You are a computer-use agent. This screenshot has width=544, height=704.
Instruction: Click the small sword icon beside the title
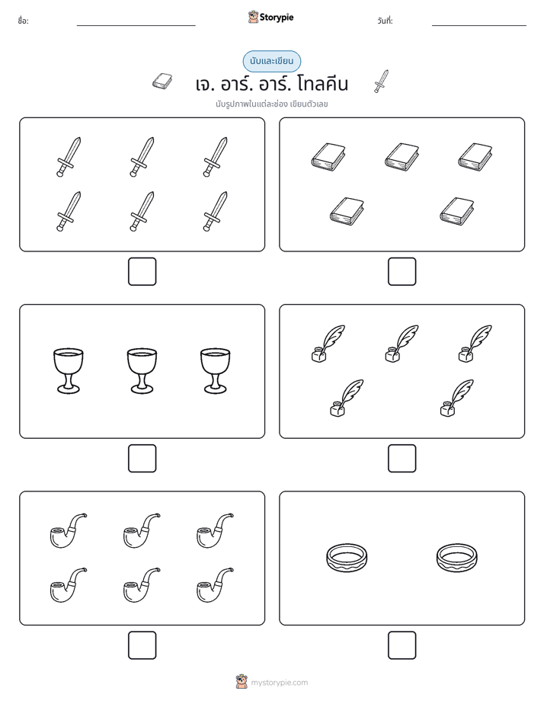[381, 82]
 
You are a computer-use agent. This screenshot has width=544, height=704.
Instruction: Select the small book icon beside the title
[162, 82]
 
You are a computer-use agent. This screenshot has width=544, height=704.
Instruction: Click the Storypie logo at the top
[270, 17]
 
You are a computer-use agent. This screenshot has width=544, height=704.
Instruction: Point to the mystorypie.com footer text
[279, 683]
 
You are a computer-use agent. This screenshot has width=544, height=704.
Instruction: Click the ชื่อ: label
[23, 21]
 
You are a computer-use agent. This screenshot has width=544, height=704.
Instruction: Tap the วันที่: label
[385, 21]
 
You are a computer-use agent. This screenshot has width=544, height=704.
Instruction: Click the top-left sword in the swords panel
[69, 157]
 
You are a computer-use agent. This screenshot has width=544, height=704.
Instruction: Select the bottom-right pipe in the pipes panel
[215, 585]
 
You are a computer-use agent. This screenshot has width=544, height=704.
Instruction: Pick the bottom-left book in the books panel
[347, 211]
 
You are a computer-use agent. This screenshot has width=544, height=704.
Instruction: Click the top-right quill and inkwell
[475, 344]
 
